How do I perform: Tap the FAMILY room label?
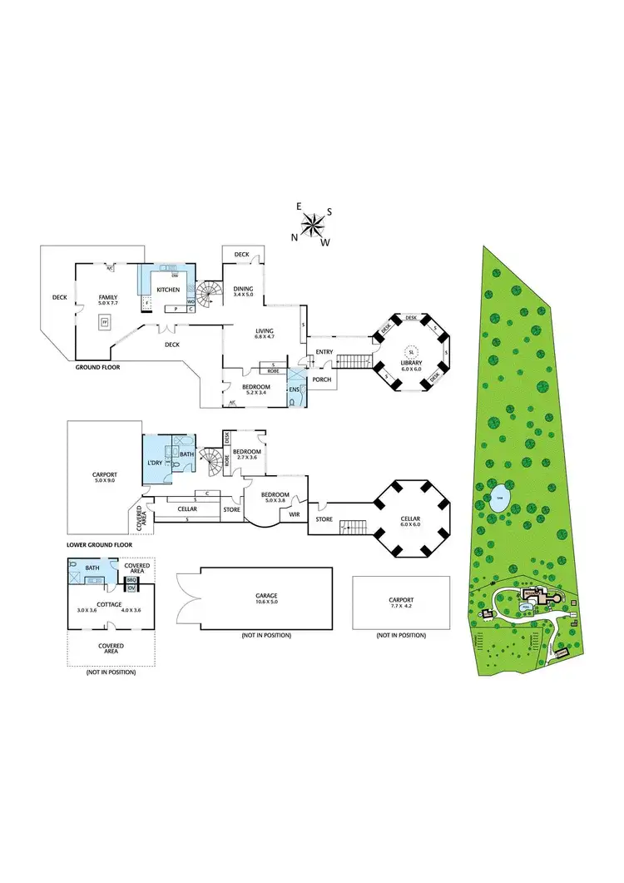click(108, 297)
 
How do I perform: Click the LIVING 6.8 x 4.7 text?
click(263, 335)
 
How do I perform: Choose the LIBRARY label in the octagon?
click(411, 364)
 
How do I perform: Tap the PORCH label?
click(320, 379)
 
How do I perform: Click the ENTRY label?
click(324, 353)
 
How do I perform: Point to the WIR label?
click(294, 513)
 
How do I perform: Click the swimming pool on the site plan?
click(525, 606)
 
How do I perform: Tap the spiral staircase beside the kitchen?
click(210, 293)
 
